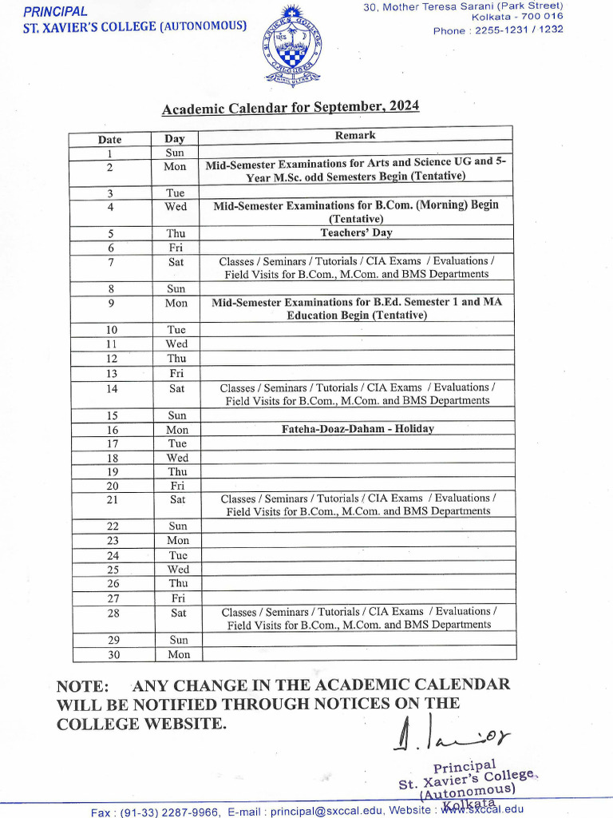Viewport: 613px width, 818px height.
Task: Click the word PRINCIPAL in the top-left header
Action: coord(55,12)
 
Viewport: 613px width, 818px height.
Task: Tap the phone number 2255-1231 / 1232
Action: coord(520,30)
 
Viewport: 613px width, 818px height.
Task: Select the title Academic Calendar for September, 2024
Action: coord(291,108)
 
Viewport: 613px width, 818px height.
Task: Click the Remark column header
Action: coord(355,136)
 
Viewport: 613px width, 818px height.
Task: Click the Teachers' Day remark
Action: coord(356,233)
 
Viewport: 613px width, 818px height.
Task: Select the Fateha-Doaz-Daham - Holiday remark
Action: coord(358,429)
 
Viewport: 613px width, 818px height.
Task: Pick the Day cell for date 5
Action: coord(176,233)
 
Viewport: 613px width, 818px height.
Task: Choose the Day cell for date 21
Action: coord(176,499)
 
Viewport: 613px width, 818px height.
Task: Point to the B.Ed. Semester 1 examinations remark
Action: coord(357,308)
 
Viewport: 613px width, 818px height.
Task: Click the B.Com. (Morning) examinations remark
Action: coord(356,212)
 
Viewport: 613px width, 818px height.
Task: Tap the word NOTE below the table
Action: coord(82,686)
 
